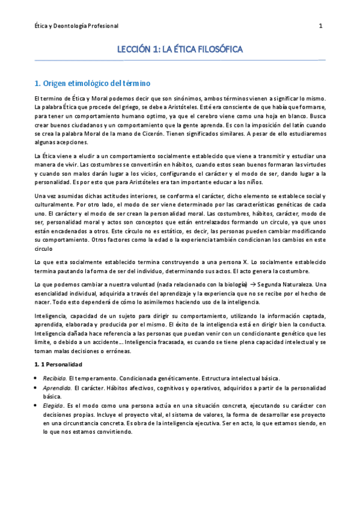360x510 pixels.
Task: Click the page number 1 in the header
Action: (320, 26)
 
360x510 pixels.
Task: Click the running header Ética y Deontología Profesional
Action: (76, 26)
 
